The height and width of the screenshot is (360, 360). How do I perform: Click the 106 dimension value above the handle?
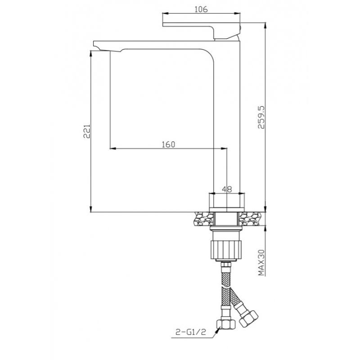point(201,10)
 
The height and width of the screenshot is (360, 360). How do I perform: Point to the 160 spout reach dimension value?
point(168,144)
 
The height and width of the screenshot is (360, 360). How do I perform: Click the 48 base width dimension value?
point(227,189)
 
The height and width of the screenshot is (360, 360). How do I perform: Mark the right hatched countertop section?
point(251,219)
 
